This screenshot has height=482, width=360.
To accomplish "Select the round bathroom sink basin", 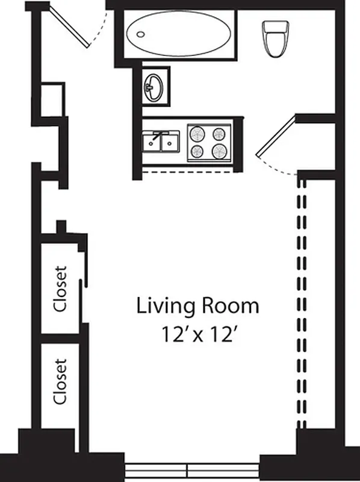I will [x=154, y=88].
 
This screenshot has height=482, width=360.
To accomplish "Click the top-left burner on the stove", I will [x=197, y=134].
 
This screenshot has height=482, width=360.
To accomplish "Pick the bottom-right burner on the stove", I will [x=220, y=151].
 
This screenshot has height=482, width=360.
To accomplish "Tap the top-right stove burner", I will [x=220, y=134].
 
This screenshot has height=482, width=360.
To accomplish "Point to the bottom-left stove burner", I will [x=197, y=151].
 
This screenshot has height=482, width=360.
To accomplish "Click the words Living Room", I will [x=198, y=306].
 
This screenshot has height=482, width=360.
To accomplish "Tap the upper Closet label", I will [x=60, y=289].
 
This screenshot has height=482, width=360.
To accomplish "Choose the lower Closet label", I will [x=60, y=381].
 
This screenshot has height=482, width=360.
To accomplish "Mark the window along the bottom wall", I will [x=191, y=468].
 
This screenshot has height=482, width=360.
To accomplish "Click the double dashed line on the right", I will [x=300, y=307].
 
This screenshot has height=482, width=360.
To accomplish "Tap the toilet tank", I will [x=276, y=27].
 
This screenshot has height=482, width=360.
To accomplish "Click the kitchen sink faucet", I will [x=161, y=135].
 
